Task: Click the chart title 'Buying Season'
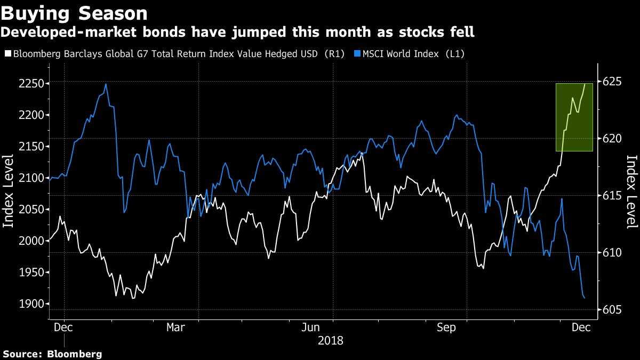click(74, 13)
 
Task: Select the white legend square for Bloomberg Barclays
click(7, 54)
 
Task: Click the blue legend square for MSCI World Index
click(356, 54)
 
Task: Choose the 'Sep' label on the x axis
click(446, 327)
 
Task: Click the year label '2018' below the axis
click(331, 340)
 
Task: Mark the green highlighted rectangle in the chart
click(574, 117)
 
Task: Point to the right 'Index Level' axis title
click(631, 192)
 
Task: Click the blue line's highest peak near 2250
click(106, 84)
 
